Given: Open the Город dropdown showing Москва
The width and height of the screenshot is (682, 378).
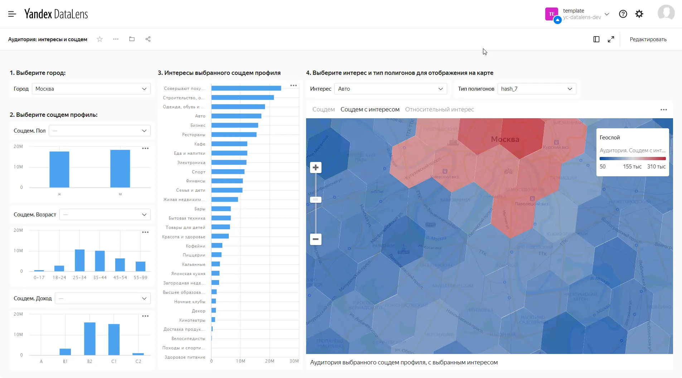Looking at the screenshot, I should [91, 89].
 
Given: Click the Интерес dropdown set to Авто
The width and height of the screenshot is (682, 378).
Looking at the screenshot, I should [390, 89].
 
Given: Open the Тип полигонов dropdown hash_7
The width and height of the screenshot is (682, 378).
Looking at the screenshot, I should [536, 89].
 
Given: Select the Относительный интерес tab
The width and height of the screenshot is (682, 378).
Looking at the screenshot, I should [439, 110].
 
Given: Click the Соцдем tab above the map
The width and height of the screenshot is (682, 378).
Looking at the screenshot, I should [323, 110].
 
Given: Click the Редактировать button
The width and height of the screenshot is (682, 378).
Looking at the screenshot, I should [648, 39].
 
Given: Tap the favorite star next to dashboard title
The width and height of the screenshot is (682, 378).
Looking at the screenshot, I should [100, 39].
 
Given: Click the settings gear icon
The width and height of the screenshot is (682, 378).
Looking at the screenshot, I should [639, 14].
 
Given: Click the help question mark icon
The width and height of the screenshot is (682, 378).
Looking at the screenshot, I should [623, 14].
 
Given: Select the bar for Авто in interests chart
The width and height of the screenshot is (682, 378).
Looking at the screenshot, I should [236, 116].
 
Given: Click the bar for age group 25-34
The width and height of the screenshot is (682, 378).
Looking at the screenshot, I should [79, 260].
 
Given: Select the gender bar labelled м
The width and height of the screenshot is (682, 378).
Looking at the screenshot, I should [120, 168].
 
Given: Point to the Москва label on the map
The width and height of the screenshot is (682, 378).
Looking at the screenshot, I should [505, 139].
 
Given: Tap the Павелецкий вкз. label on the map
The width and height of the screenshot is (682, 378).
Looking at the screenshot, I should [531, 204].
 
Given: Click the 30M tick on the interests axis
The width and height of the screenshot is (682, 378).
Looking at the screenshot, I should [294, 361].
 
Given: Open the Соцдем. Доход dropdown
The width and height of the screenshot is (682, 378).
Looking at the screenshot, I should [102, 298].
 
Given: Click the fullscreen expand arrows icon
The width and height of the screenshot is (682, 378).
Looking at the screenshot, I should [611, 39].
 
